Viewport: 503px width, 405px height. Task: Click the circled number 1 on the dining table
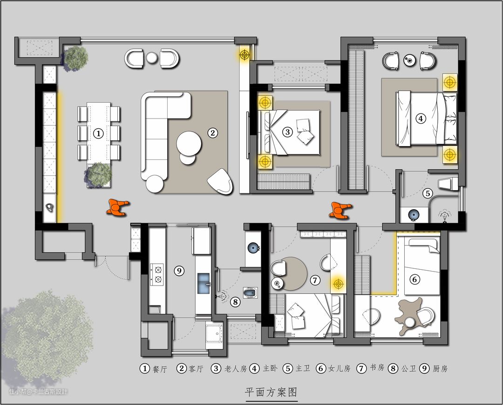[98, 133]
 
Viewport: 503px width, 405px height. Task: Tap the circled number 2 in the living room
[212, 133]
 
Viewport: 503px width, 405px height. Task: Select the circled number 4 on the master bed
[421, 119]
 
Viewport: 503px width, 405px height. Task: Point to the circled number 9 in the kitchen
[179, 271]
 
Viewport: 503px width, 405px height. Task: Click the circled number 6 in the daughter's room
[415, 279]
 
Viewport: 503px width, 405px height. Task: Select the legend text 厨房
[440, 369]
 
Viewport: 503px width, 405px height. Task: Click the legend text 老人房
[236, 369]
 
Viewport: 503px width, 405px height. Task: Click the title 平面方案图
[272, 392]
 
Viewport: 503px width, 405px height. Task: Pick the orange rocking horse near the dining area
[118, 206]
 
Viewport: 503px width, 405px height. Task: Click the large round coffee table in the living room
[189, 143]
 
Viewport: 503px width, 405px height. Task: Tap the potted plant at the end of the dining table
[99, 174]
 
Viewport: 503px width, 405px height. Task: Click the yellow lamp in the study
[338, 283]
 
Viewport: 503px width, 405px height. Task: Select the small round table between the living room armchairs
[151, 58]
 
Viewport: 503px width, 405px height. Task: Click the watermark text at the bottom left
[38, 391]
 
